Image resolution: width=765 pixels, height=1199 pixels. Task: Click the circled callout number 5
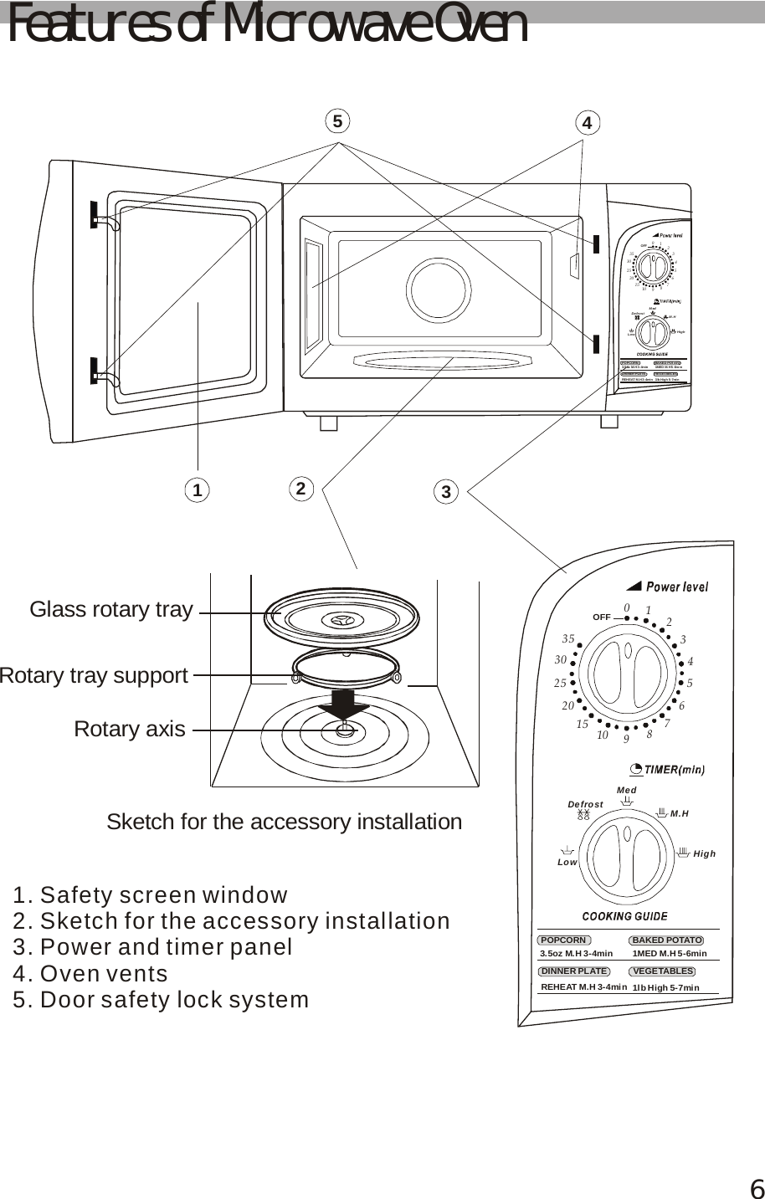(336, 121)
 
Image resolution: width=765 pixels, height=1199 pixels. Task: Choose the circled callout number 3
(446, 492)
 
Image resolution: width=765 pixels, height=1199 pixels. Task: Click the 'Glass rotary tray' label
(111, 610)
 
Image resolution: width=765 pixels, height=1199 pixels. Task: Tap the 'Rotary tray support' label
(93, 676)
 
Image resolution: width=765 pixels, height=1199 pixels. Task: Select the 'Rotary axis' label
(130, 730)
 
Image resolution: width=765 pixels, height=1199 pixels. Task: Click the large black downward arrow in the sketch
(343, 704)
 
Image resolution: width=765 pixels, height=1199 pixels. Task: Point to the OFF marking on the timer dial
(601, 617)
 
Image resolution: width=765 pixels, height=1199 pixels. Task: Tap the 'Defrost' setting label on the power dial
(585, 804)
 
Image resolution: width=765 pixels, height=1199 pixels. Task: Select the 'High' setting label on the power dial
(705, 854)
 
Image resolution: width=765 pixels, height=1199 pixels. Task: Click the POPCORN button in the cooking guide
(564, 940)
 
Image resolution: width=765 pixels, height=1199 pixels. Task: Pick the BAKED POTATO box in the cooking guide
(667, 940)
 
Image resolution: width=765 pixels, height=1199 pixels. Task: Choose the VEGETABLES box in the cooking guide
(663, 971)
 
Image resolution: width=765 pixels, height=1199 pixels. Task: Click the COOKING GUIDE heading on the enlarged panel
(624, 916)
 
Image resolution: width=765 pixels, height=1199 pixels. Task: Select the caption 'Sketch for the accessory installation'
(284, 822)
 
